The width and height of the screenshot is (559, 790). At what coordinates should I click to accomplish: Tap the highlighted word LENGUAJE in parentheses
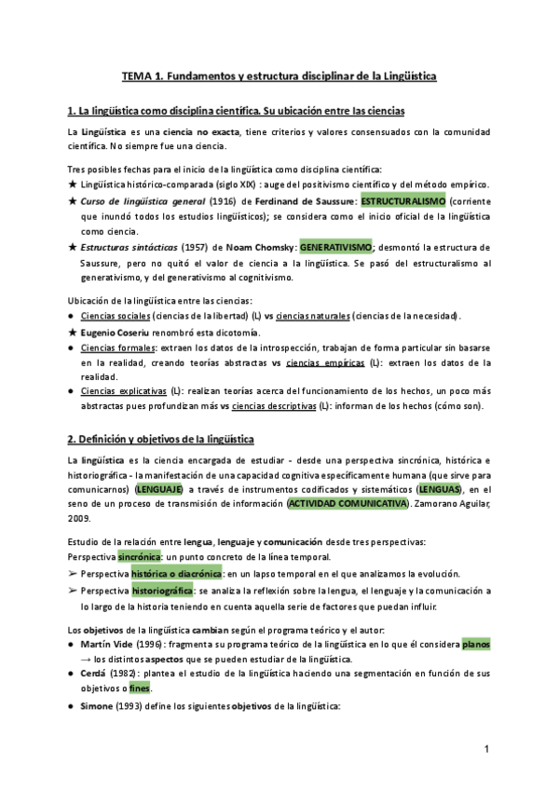coord(161,488)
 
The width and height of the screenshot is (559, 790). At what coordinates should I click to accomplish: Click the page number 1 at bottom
coord(486,749)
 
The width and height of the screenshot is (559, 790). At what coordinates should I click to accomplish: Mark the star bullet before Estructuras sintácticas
coord(74,247)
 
